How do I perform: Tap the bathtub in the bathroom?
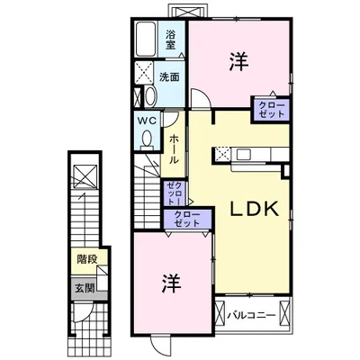click(146, 39)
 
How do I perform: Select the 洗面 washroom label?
click(169, 77)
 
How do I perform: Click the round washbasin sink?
click(150, 96)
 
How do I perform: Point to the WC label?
click(147, 121)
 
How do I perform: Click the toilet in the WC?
click(147, 140)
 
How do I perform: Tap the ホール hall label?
click(174, 149)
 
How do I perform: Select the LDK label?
click(255, 209)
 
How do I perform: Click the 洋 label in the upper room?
click(238, 61)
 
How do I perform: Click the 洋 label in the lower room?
click(172, 283)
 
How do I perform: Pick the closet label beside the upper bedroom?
click(271, 110)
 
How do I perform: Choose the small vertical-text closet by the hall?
click(175, 193)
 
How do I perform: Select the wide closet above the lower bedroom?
click(186, 219)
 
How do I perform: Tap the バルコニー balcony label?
click(251, 315)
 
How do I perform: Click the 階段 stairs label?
click(87, 259)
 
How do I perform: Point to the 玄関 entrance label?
click(85, 288)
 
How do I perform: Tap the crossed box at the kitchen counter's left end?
click(222, 155)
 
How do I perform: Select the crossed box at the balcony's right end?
click(283, 313)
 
